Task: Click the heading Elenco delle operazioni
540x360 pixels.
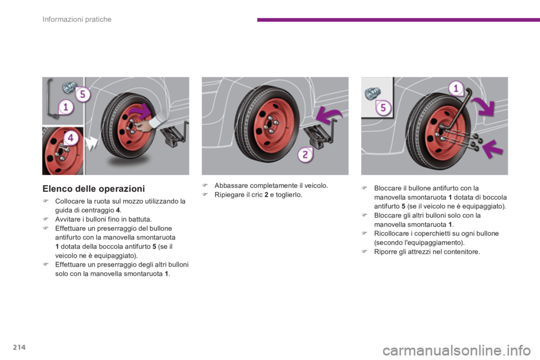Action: coord(94,189)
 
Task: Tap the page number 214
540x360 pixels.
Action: coord(20,347)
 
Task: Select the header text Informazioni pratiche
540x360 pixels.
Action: coord(77,19)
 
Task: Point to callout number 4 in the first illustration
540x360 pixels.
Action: coord(71,138)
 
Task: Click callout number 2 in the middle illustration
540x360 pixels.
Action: coord(305,154)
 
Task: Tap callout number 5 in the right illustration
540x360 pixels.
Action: coord(383,107)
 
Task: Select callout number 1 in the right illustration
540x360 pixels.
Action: coord(456,88)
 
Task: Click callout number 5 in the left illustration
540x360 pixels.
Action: coord(83,94)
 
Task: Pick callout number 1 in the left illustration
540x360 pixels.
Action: coord(65,107)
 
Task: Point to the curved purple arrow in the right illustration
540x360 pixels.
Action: coord(484,105)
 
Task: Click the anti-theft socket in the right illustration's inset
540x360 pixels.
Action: coord(372,93)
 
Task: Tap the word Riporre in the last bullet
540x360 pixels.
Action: coord(385,252)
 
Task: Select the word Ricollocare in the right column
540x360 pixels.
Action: coord(391,233)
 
